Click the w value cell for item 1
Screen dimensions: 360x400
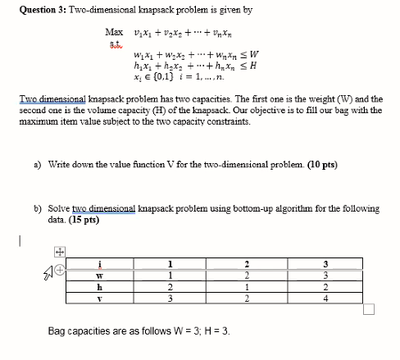tap(169, 275)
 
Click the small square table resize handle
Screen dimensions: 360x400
tap(368, 309)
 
